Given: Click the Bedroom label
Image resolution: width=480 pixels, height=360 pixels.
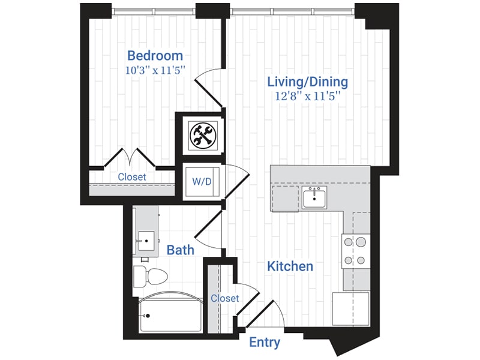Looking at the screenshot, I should tap(154, 56).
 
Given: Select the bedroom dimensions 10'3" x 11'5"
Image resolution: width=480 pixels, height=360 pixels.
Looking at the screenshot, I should tap(155, 70).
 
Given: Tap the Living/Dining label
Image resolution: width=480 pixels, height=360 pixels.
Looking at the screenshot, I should tap(308, 82).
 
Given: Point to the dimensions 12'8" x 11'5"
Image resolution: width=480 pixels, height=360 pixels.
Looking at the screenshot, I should tap(307, 95).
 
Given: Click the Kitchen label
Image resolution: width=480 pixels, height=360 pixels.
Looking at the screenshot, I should tap(290, 265).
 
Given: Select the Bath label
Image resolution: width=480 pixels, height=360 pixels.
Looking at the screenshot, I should tap(180, 249).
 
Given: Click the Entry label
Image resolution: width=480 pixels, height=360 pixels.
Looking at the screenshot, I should tap(265, 343).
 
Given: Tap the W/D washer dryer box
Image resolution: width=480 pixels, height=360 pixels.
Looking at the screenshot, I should tap(202, 180).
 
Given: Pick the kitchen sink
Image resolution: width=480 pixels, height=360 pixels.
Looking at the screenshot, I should tap(314, 197).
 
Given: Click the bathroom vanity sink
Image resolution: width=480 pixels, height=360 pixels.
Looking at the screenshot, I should tap(145, 242).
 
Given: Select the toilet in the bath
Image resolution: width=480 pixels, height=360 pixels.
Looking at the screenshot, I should tap(150, 277).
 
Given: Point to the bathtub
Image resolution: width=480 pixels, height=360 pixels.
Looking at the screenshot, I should tap(170, 314).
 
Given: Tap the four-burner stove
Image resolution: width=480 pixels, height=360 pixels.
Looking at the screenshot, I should tap(354, 251).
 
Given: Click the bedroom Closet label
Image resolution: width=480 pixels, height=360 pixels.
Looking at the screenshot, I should tap(132, 178).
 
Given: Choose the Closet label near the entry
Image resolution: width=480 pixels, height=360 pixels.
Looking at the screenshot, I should tap(225, 298).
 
